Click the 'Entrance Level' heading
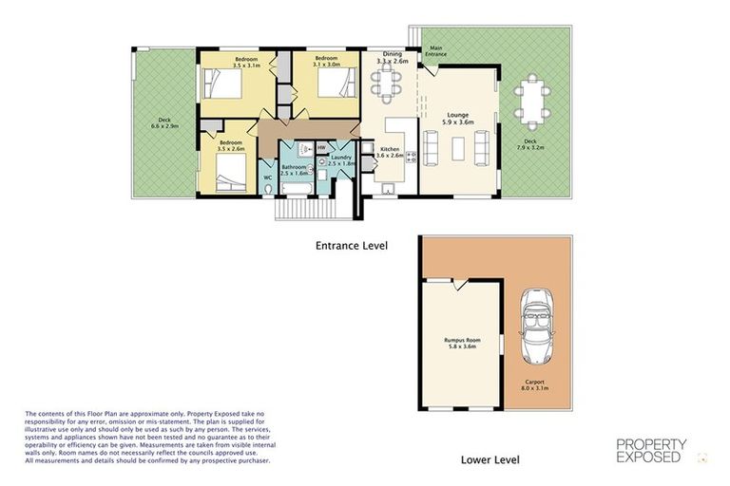click(351, 245)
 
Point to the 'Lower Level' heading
click(490, 459)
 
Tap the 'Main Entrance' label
click(436, 51)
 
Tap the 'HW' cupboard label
click(321, 147)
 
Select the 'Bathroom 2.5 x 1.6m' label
click(294, 170)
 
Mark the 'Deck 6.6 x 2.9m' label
click(164, 123)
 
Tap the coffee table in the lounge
click(457, 149)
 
